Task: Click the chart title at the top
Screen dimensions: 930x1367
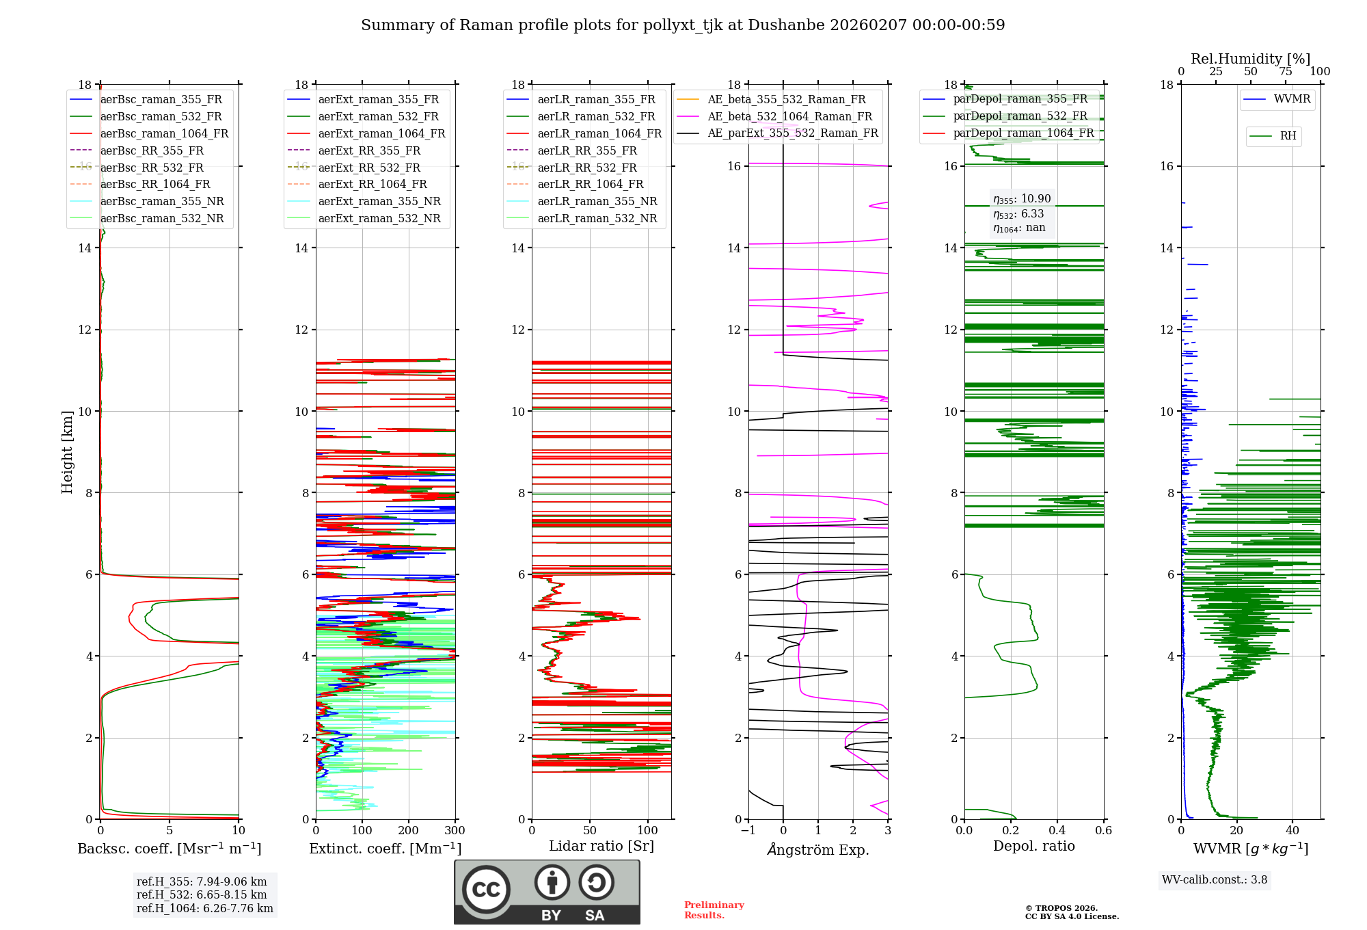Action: click(x=683, y=25)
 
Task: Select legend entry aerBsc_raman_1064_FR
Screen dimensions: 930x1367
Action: click(x=164, y=133)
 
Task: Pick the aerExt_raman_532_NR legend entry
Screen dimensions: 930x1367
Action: click(x=379, y=218)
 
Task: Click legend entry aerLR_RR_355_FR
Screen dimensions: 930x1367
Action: click(x=587, y=150)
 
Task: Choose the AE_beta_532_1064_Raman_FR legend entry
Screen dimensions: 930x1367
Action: click(x=789, y=116)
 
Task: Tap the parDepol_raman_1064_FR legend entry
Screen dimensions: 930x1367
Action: click(x=1023, y=133)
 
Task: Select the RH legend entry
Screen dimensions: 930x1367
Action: click(x=1288, y=136)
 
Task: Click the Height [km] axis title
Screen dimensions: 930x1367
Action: click(x=67, y=451)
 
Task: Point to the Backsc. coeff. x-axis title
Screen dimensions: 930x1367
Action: click(x=169, y=849)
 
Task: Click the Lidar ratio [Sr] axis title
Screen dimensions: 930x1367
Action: click(x=601, y=846)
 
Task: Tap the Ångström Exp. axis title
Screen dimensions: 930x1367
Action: click(x=818, y=850)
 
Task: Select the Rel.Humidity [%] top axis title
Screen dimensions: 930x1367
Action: click(x=1250, y=59)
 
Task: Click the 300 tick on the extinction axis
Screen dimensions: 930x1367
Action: click(x=455, y=831)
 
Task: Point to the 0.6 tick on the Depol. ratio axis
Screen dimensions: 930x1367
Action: click(x=1103, y=831)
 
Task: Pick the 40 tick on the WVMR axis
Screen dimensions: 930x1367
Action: click(x=1292, y=831)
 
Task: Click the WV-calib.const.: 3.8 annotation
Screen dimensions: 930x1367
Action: click(x=1215, y=880)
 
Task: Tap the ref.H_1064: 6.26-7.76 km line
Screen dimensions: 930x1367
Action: click(x=204, y=909)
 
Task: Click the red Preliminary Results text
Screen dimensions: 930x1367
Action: click(x=714, y=910)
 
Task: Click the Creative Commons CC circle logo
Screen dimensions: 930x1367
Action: click(x=486, y=889)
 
